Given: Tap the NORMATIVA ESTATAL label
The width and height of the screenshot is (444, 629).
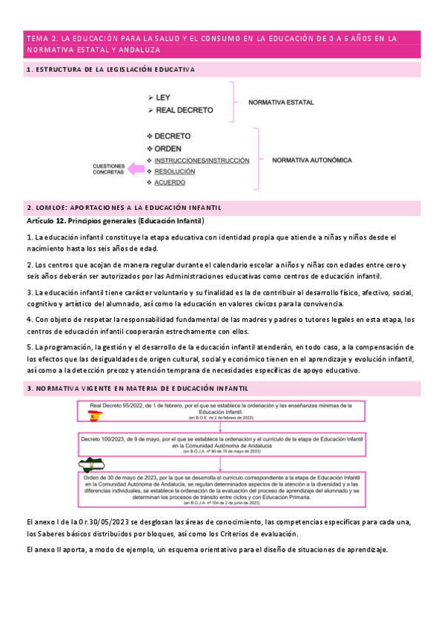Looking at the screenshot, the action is tap(281, 102).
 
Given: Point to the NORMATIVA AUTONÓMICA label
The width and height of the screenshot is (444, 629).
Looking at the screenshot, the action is tap(312, 159).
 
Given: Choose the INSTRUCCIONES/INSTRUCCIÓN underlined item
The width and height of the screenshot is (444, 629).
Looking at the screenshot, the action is tap(202, 160).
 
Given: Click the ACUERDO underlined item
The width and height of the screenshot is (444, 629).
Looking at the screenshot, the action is tap(170, 182).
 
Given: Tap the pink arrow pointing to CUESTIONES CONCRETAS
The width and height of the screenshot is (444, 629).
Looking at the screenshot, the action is tap(136, 169).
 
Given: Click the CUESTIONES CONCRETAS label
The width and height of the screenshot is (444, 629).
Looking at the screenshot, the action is tap(107, 168).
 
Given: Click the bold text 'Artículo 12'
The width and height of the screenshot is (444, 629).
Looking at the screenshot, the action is tap(46, 221).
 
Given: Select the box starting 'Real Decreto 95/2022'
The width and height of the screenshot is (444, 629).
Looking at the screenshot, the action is tap(226, 412).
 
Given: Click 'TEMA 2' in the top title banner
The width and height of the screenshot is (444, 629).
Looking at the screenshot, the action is tap(42, 38).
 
